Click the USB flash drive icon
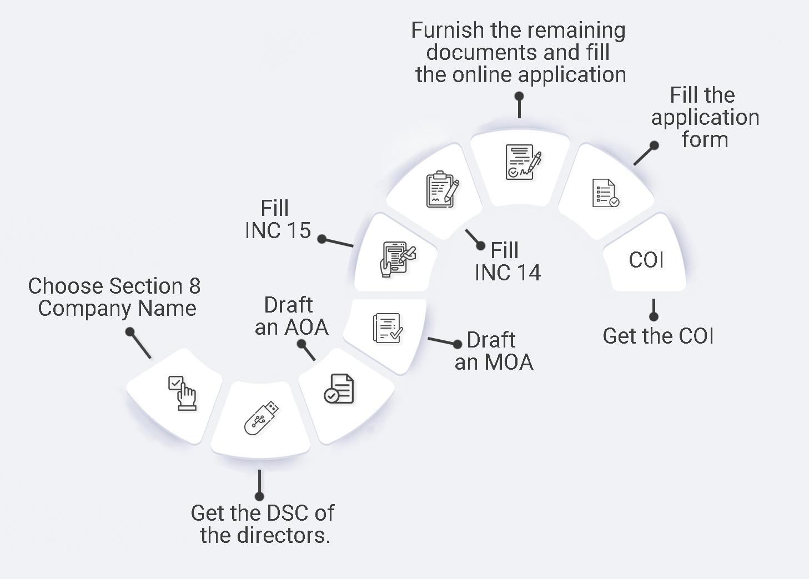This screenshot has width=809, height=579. pos(261,417)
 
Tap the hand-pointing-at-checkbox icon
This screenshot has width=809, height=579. pos(182,393)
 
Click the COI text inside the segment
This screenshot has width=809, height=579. pos(646,260)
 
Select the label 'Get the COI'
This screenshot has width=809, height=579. pos(658,336)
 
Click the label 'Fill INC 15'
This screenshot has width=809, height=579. pos(278,219)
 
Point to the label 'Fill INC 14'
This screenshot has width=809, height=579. pos(507,261)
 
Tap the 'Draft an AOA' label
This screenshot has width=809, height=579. pos(291,316)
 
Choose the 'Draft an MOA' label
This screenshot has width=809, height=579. pos(494,351)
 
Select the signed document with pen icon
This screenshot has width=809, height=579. pos(522,162)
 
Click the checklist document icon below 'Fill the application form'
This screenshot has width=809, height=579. pos(605,193)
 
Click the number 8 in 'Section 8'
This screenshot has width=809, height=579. pos(194,286)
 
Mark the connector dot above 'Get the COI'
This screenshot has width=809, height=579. pos(654,316)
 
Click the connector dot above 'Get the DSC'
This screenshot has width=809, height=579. pos(259,496)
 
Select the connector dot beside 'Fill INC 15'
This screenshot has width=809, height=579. pos(322,239)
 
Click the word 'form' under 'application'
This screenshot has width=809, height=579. pos(705,139)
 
